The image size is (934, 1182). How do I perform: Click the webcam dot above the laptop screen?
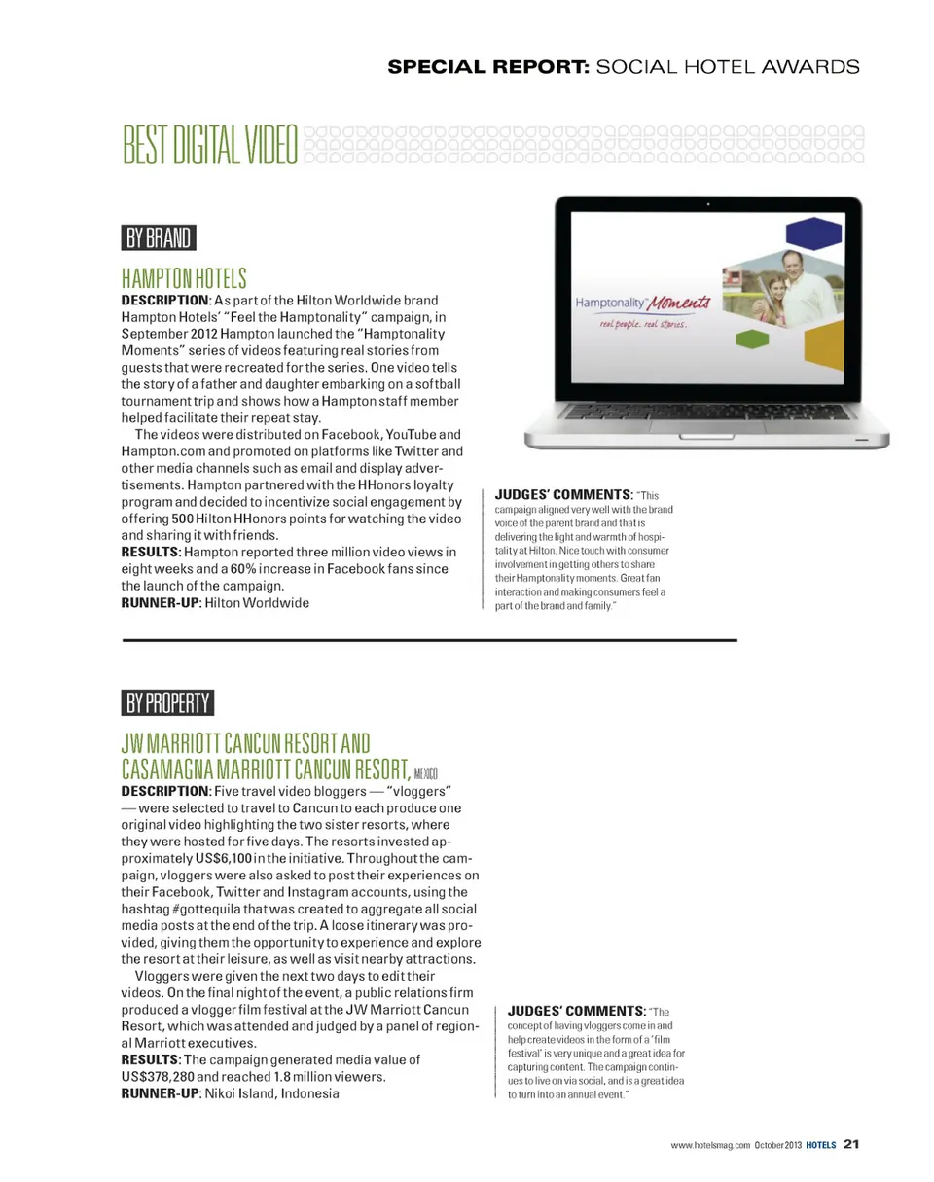[x=707, y=205]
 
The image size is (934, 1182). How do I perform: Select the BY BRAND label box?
[x=161, y=237]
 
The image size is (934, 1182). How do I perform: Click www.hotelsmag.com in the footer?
[x=710, y=1144]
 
